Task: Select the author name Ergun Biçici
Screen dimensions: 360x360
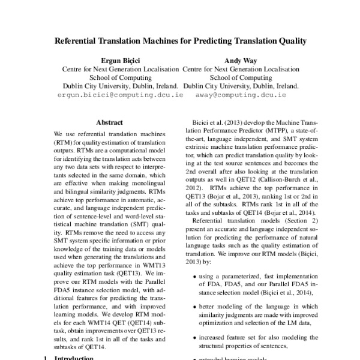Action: point(121,61)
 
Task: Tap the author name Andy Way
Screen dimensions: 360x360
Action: point(240,61)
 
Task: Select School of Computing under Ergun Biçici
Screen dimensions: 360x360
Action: point(121,77)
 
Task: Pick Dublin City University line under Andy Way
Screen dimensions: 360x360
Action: point(240,86)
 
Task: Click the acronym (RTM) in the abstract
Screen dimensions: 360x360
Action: point(63,143)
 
